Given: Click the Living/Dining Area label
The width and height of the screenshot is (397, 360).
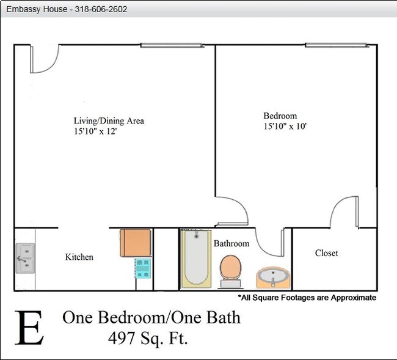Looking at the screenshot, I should [x=109, y=120].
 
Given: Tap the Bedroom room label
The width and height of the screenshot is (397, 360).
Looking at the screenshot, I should [x=280, y=116].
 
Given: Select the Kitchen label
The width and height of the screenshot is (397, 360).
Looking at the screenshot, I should [x=79, y=257].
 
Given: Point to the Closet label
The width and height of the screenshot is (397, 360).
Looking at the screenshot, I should [x=326, y=253].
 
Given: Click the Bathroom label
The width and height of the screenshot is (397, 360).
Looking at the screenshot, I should [x=231, y=244].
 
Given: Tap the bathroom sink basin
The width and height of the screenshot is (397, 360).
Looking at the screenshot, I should [x=273, y=278].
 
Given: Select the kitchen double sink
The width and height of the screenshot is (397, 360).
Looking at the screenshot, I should [x=24, y=259].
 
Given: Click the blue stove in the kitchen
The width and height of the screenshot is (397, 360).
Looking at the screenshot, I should [x=143, y=268].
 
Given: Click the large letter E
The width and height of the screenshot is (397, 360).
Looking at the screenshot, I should [x=29, y=328].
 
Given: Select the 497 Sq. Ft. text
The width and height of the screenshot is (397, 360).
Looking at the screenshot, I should [x=147, y=337].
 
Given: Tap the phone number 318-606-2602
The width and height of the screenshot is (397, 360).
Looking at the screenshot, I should [x=101, y=10].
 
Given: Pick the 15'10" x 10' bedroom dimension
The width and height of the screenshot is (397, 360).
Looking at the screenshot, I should [x=285, y=127].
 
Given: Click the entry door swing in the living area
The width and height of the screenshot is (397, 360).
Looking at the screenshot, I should [x=44, y=59].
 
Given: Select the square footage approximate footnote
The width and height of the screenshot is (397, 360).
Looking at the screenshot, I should [x=307, y=298].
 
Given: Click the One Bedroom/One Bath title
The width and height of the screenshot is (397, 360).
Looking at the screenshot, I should [x=151, y=318].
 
